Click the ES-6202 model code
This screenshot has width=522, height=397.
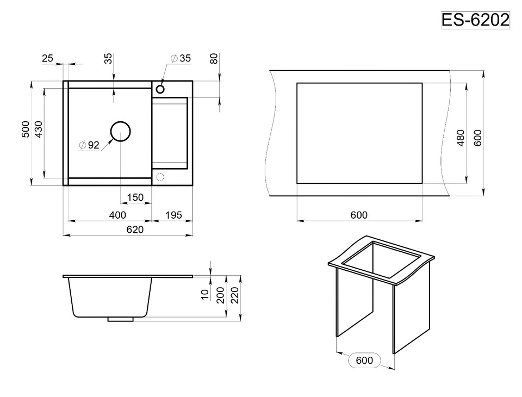pyautogui.click(x=475, y=20)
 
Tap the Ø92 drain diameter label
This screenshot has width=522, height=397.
pyautogui.click(x=89, y=145)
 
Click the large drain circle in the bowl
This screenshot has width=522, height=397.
pyautogui.click(x=120, y=131)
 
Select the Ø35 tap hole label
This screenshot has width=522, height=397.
pyautogui.click(x=181, y=58)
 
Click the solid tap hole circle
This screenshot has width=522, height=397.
pyautogui.click(x=160, y=89)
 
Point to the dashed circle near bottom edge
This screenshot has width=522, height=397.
pyautogui.click(x=160, y=177)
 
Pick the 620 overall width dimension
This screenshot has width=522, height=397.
pyautogui.click(x=135, y=229)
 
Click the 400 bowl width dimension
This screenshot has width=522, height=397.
pyautogui.click(x=117, y=215)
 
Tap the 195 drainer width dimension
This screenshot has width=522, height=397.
pyautogui.click(x=173, y=215)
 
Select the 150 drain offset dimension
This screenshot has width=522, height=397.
pyautogui.click(x=135, y=197)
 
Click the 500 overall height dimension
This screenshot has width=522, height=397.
pyautogui.click(x=26, y=129)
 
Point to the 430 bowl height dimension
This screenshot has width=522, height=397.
pyautogui.click(x=39, y=129)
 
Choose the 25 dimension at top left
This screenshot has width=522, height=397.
pyautogui.click(x=48, y=58)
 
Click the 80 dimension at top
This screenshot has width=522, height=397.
pyautogui.click(x=214, y=59)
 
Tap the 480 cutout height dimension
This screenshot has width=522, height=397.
pyautogui.click(x=461, y=138)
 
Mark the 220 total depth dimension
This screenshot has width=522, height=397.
pyautogui.click(x=235, y=295)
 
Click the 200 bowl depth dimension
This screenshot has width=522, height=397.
pyautogui.click(x=220, y=295)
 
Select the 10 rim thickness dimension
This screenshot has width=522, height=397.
pyautogui.click(x=205, y=294)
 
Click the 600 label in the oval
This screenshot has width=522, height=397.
pyautogui.click(x=364, y=361)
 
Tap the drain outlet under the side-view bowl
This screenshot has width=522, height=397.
pyautogui.click(x=121, y=319)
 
